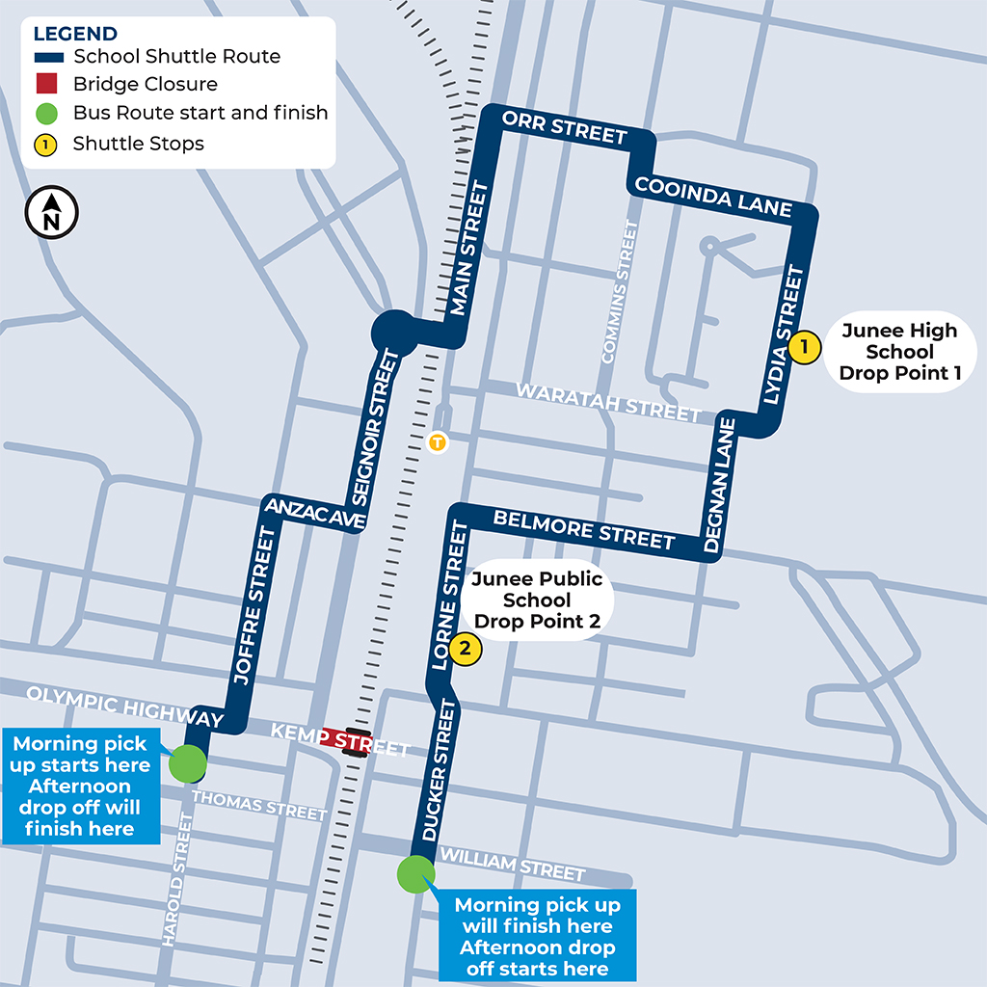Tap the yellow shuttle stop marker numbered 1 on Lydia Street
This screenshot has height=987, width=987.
coord(804,346)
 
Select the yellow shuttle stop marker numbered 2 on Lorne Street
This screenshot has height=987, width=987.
coord(465,649)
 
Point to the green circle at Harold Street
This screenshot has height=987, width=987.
coord(188,763)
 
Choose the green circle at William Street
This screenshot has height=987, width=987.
coord(416,875)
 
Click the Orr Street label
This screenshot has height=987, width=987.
coord(565,127)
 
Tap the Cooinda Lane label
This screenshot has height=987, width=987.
coord(713,196)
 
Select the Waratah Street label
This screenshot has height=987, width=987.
coord(608,402)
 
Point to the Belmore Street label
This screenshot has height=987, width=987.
coord(584,530)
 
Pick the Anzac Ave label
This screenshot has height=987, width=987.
coord(314,514)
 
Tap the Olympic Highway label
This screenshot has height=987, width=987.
coord(124,707)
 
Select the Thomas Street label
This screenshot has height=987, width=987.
coord(259,805)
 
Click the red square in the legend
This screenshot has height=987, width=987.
coord(47,84)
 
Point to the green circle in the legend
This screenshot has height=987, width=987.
coord(47,113)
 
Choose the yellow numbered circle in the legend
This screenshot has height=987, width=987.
coord(47,144)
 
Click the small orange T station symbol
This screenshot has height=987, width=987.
coord(439,442)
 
